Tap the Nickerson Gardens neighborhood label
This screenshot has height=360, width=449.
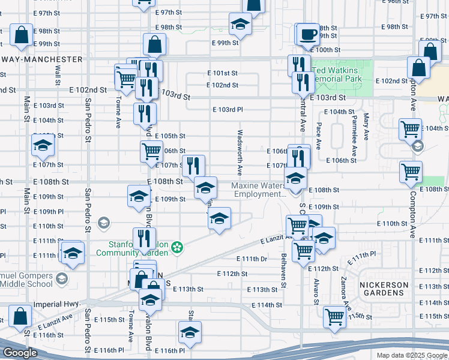point(384,289)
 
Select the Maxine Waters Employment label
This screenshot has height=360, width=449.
point(259,190)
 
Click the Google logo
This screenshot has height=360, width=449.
point(20,353)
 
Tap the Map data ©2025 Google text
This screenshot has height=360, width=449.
point(412,355)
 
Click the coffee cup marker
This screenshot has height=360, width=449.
point(308,34)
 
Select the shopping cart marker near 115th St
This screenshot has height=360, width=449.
point(334,316)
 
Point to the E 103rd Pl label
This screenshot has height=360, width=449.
point(229,110)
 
